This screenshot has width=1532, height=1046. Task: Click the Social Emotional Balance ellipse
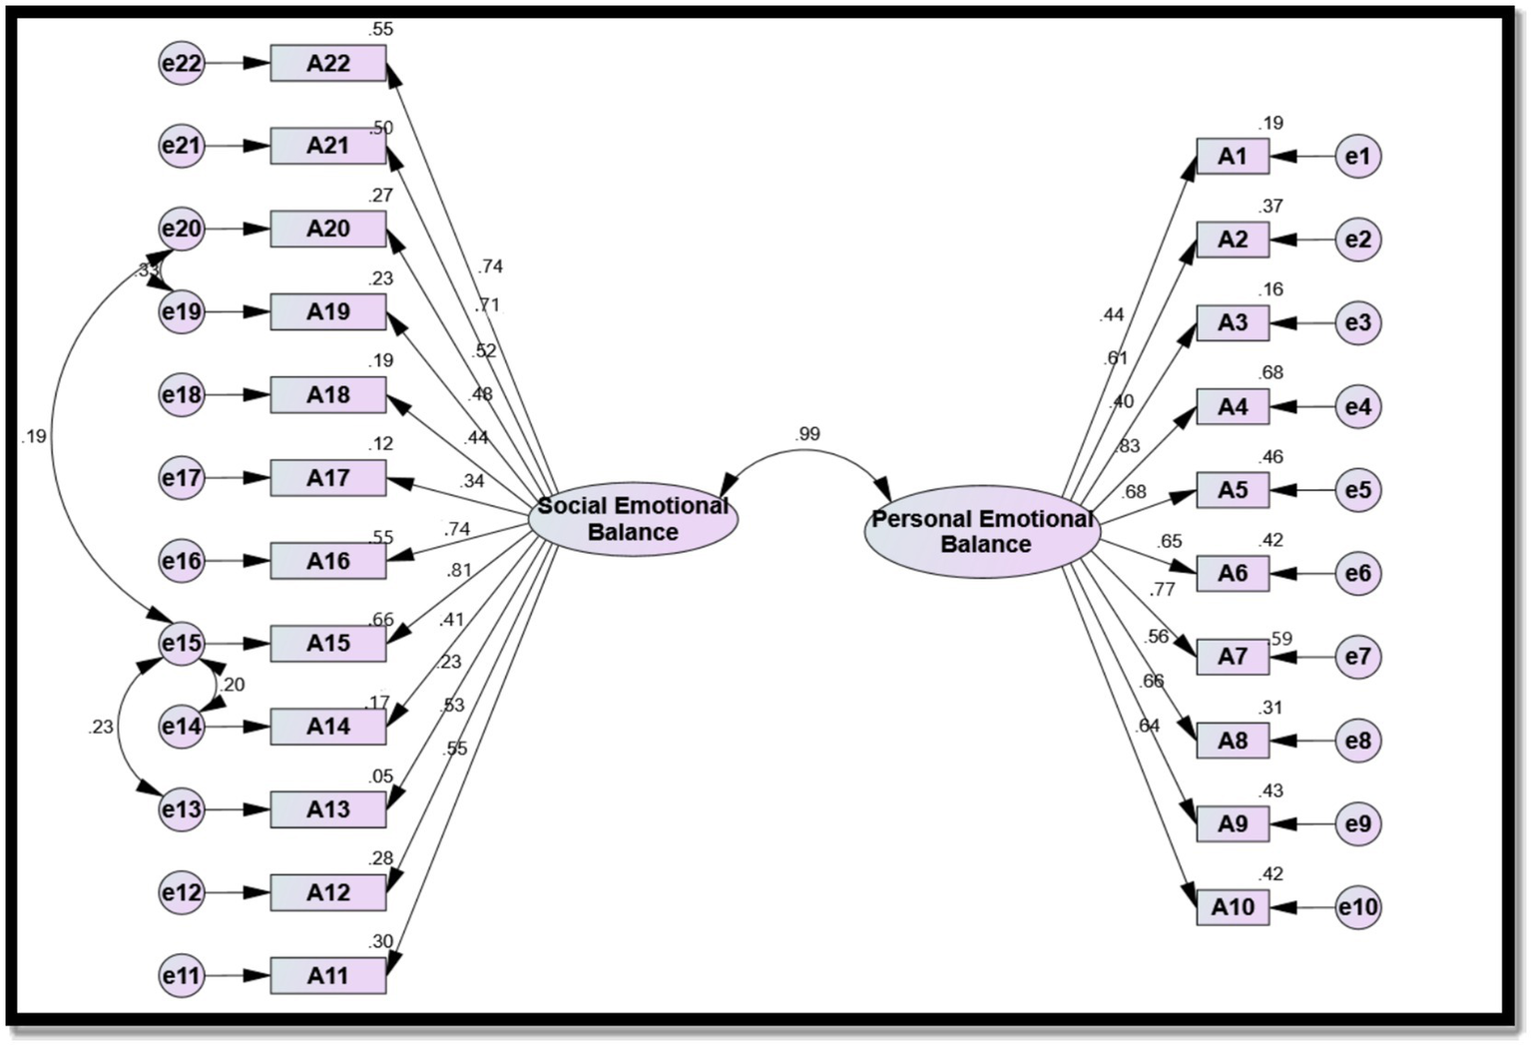coord(633,519)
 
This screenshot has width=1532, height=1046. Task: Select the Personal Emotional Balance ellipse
coord(982,532)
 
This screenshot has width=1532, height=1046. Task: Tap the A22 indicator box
coord(327,64)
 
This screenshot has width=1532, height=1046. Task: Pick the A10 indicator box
coord(1233,907)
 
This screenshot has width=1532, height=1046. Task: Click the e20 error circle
coord(182,230)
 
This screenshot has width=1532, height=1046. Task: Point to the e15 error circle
coord(182,644)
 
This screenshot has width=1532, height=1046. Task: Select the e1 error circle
coord(1357,157)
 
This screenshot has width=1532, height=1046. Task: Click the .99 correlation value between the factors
coord(807,434)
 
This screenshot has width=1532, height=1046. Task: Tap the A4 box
coord(1233,407)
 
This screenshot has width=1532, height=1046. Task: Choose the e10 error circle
coord(1357,907)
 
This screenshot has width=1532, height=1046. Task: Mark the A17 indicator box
coord(327,478)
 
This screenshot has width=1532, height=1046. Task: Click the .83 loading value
coord(1127,446)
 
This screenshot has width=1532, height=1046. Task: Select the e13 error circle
coord(182,809)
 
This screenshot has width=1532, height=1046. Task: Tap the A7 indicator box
coord(1233,657)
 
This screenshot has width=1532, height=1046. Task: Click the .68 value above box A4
coord(1271,373)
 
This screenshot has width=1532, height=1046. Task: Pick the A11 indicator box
coord(327,975)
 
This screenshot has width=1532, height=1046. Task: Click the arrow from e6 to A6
coord(1301,574)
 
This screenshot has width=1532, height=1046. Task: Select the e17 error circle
coord(182,478)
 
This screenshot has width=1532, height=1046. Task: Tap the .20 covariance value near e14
coord(232,685)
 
